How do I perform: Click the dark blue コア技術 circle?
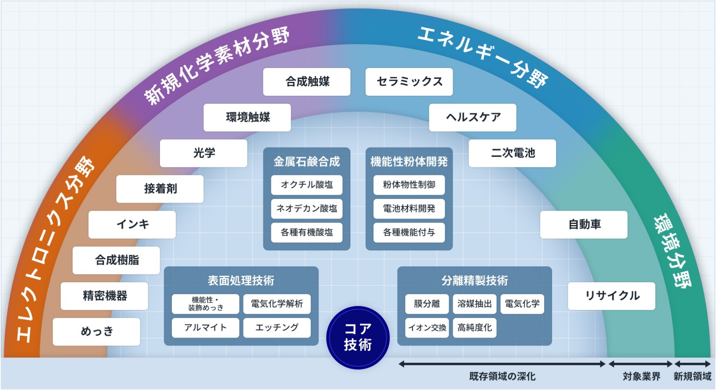358,337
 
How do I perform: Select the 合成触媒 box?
307,81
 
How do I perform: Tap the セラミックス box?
409,81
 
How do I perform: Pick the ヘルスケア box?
473,117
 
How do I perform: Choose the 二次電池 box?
512,153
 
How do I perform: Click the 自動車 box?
584,225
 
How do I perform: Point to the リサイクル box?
611,296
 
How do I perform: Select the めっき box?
96,332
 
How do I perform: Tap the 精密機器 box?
104,296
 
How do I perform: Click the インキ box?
132,225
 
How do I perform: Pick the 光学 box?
204,153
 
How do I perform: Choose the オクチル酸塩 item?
307,185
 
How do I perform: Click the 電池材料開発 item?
409,209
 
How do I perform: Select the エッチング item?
277,328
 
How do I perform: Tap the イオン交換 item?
427,328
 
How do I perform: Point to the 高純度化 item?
475,328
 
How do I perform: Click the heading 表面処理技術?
241,281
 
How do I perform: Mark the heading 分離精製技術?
475,281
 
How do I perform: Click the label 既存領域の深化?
502,376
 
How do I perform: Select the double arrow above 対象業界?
640,364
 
